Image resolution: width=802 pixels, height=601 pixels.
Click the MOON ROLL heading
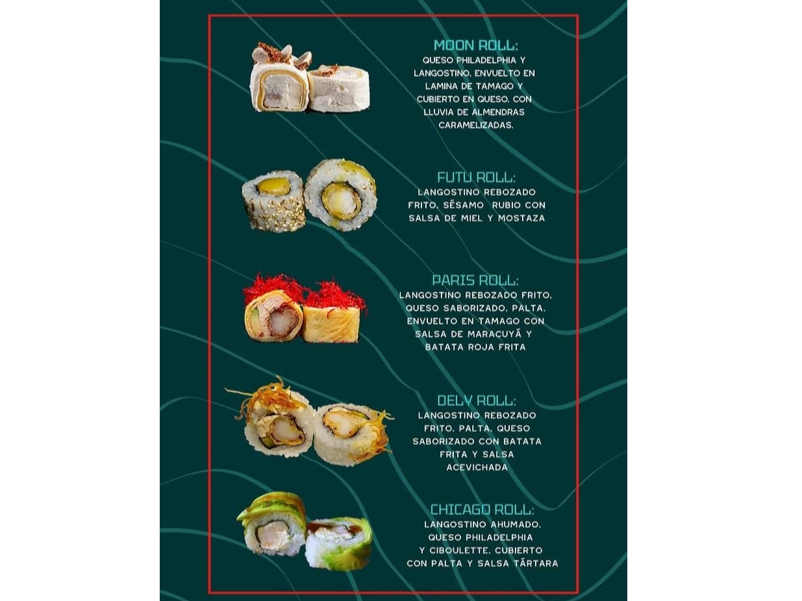(476, 45)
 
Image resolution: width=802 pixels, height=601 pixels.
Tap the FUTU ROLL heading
(477, 177)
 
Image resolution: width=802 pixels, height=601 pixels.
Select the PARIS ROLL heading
(475, 280)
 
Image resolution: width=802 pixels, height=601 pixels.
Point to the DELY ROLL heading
(477, 400)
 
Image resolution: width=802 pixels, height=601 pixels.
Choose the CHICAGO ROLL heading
(482, 509)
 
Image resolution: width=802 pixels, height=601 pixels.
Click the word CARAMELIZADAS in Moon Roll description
(476, 125)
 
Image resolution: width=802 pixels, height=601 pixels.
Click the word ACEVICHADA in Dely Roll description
(477, 467)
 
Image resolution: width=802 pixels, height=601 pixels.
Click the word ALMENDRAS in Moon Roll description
(497, 112)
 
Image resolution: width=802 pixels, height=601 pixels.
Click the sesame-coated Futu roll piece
(273, 201)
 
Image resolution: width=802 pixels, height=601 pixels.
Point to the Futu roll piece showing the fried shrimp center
(340, 195)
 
